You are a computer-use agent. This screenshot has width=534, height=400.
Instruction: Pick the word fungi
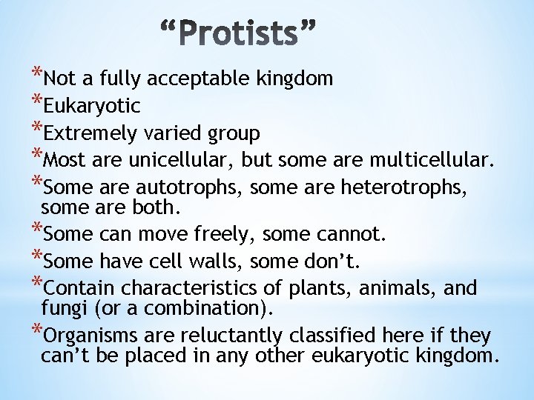(x=62, y=307)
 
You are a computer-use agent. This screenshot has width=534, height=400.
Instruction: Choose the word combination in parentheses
(x=202, y=307)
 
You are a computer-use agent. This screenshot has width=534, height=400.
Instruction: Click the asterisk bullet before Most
(x=37, y=156)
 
